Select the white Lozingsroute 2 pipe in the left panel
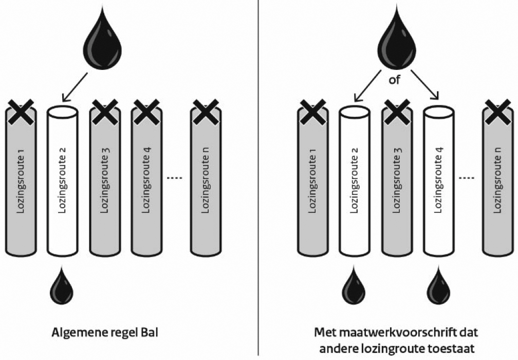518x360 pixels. [63, 180]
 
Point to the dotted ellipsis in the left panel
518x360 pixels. [175, 178]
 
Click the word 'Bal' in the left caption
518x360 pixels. [149, 333]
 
